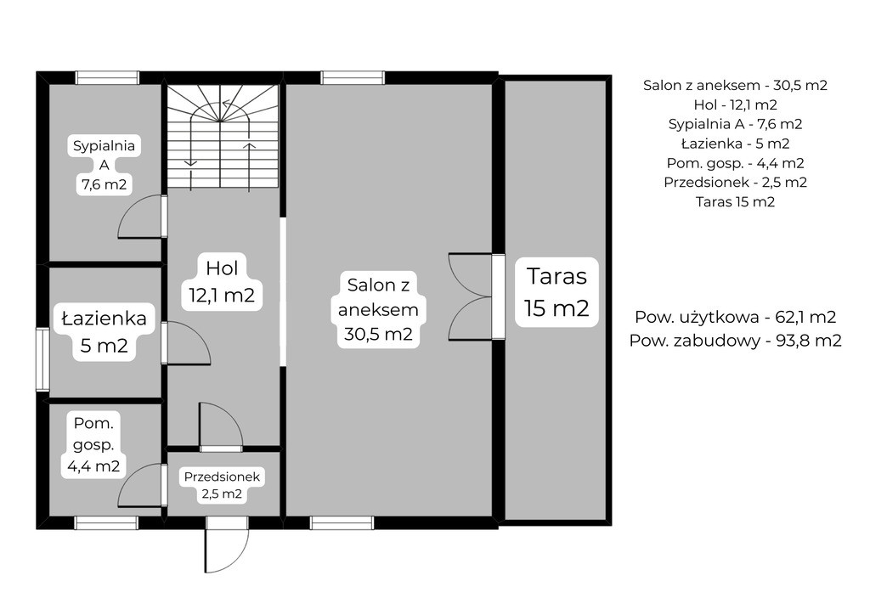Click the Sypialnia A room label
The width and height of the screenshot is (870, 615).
(x=105, y=165)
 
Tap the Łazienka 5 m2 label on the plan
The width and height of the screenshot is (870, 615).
(x=105, y=331)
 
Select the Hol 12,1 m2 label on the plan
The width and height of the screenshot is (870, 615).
(x=222, y=281)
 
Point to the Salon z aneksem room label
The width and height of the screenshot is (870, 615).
(x=378, y=309)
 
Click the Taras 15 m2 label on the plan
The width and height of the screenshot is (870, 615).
(x=556, y=291)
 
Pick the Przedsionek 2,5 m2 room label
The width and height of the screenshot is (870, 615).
(x=222, y=485)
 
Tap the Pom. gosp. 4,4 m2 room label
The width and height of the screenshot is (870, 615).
(x=93, y=444)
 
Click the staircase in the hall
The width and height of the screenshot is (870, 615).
(x=223, y=137)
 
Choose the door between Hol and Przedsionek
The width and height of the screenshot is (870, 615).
(x=222, y=426)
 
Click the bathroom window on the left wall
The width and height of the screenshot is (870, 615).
(x=42, y=358)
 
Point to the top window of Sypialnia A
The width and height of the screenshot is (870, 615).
(x=107, y=77)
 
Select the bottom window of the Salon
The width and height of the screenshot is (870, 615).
(x=342, y=522)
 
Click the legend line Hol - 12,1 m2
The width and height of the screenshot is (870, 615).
(x=735, y=104)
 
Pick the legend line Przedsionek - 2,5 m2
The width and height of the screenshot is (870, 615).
(x=735, y=182)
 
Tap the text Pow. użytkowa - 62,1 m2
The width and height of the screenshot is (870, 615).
(x=735, y=317)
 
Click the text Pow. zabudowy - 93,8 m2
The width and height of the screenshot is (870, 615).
(x=735, y=340)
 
